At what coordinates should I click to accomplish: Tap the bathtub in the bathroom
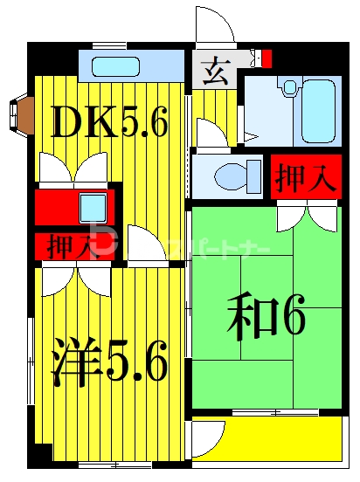315,111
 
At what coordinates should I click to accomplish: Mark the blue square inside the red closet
92,208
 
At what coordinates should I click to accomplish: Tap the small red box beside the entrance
267,59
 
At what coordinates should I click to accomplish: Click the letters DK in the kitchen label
85,124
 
